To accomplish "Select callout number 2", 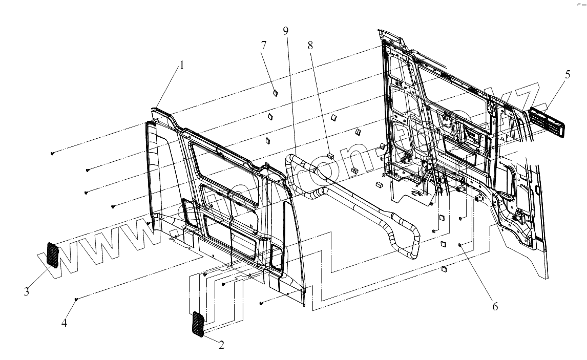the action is click(221, 345).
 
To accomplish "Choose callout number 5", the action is click(567, 75).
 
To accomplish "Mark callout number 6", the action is click(494, 306).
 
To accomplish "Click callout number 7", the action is click(264, 45).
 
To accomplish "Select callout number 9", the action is click(285, 31).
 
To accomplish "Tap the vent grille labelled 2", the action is click(198, 325).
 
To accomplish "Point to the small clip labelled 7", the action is click(274, 93).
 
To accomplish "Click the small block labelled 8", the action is click(330, 152).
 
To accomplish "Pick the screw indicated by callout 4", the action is click(76, 299).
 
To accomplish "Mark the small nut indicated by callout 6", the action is click(460, 245).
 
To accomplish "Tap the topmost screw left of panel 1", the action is click(53, 153).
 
